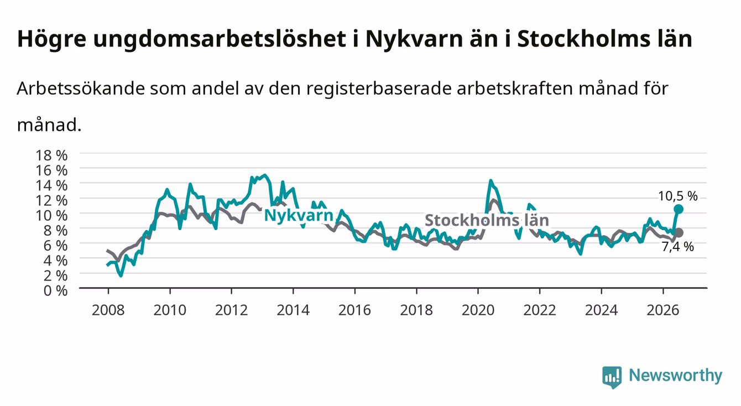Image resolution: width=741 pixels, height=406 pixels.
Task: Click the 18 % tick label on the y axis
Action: [51, 155]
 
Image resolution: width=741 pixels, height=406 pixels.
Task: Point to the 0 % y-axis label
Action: [55, 291]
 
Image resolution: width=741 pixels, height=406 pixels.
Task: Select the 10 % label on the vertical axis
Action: [51, 216]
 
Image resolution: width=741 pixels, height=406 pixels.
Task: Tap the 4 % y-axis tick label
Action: [55, 261]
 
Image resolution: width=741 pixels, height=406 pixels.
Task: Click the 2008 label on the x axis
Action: [108, 310]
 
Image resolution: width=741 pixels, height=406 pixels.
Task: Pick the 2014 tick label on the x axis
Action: [293, 310]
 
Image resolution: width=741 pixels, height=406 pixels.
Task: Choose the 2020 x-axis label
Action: [478, 310]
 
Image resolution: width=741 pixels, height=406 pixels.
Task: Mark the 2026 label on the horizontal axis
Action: [663, 310]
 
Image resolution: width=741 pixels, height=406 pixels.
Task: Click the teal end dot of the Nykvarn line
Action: [679, 209]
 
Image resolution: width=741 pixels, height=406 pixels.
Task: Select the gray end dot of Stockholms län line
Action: [679, 233]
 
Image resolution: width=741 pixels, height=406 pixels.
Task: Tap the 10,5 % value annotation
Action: [678, 196]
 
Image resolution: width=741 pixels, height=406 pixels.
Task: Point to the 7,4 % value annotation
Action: [678, 247]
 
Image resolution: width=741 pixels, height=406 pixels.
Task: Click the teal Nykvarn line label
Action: [299, 215]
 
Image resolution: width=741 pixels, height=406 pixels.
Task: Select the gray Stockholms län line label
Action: [487, 220]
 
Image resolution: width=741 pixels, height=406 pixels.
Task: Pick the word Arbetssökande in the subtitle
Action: [81, 89]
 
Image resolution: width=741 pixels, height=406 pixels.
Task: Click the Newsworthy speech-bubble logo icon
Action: [612, 377]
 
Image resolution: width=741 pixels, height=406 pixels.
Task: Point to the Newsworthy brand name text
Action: [676, 376]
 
